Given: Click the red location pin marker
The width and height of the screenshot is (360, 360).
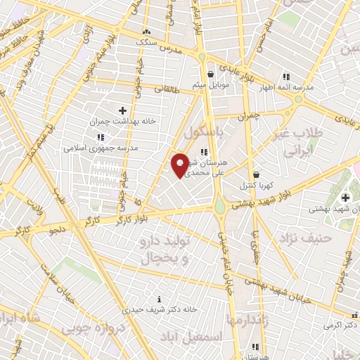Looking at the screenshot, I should click(180, 165).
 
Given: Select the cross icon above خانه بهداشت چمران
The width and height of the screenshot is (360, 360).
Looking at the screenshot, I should click(122, 110).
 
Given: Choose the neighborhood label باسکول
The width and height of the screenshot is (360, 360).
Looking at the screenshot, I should click(209, 132).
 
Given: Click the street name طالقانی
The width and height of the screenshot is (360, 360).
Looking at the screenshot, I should click(167, 89).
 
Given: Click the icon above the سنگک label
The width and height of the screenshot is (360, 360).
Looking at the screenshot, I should click(146, 32).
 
